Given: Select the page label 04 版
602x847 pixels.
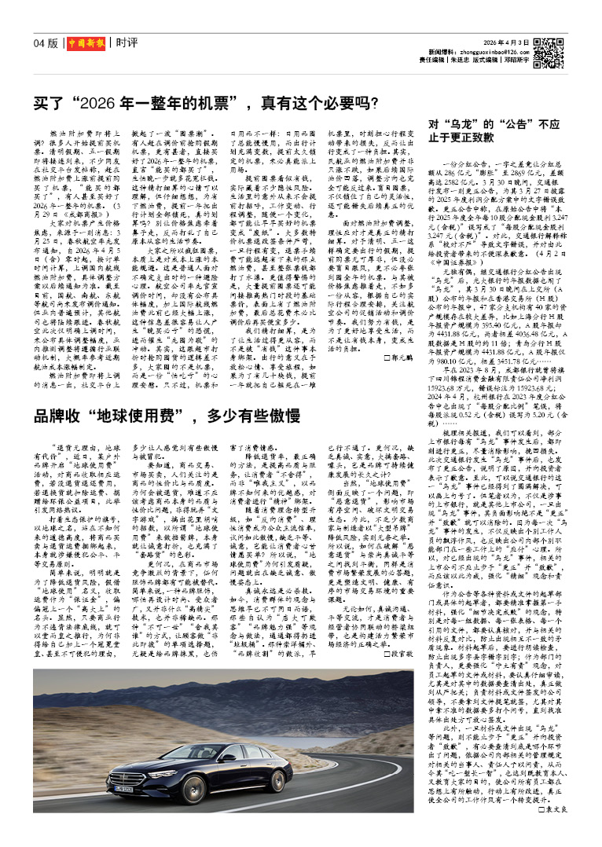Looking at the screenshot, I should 46,42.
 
